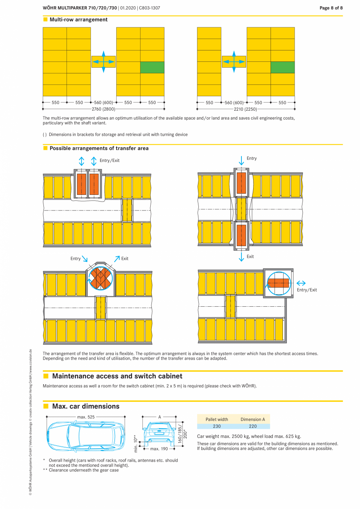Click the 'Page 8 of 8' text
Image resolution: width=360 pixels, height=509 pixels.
click(x=331, y=8)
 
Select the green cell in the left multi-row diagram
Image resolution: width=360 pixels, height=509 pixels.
click(x=152, y=67)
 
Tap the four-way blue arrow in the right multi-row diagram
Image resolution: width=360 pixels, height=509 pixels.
click(x=234, y=62)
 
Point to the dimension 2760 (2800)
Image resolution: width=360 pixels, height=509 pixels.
click(x=104, y=109)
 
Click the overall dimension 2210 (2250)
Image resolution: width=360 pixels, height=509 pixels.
click(x=246, y=109)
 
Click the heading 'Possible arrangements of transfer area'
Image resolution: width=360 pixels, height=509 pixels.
click(x=99, y=148)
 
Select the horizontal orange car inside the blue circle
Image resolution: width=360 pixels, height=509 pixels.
click(x=278, y=283)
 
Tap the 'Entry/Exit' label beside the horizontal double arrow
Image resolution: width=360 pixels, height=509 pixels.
click(x=307, y=290)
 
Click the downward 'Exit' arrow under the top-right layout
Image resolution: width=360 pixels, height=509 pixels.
click(x=241, y=257)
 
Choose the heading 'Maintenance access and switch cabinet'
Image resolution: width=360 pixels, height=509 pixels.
click(x=117, y=376)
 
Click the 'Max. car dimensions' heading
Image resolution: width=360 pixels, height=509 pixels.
click(x=86, y=406)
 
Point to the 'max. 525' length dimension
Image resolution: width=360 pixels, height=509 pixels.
click(x=86, y=417)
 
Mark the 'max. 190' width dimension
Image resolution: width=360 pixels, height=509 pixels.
click(x=159, y=449)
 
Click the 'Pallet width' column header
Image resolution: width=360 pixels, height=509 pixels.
click(x=217, y=419)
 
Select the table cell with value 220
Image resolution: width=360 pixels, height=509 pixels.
click(x=253, y=426)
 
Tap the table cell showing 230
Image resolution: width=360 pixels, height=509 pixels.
click(x=217, y=426)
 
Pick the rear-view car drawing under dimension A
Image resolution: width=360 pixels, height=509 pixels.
click(x=159, y=432)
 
